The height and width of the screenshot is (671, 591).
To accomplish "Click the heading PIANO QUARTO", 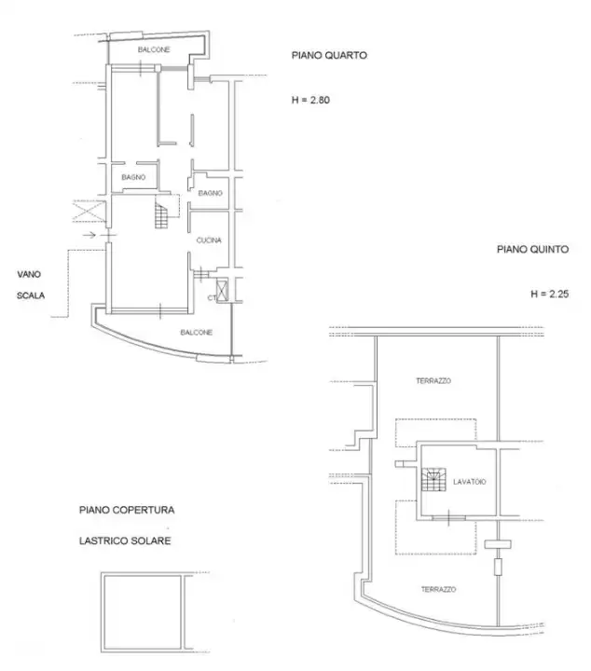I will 330,56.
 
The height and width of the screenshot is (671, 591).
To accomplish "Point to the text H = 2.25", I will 549,294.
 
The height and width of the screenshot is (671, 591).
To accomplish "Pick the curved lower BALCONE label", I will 197,333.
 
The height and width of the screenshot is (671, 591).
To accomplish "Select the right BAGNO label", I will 210,193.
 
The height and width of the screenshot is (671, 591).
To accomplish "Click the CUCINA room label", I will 209,241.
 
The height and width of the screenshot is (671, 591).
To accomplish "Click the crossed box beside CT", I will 222,288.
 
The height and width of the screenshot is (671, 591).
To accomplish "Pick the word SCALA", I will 31,297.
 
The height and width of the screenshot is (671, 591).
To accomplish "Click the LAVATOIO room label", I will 471,482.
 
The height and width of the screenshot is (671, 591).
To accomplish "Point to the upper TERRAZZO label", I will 433,381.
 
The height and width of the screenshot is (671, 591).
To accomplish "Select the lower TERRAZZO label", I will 439,589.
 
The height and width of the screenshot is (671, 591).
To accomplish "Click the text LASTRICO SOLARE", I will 124,541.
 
